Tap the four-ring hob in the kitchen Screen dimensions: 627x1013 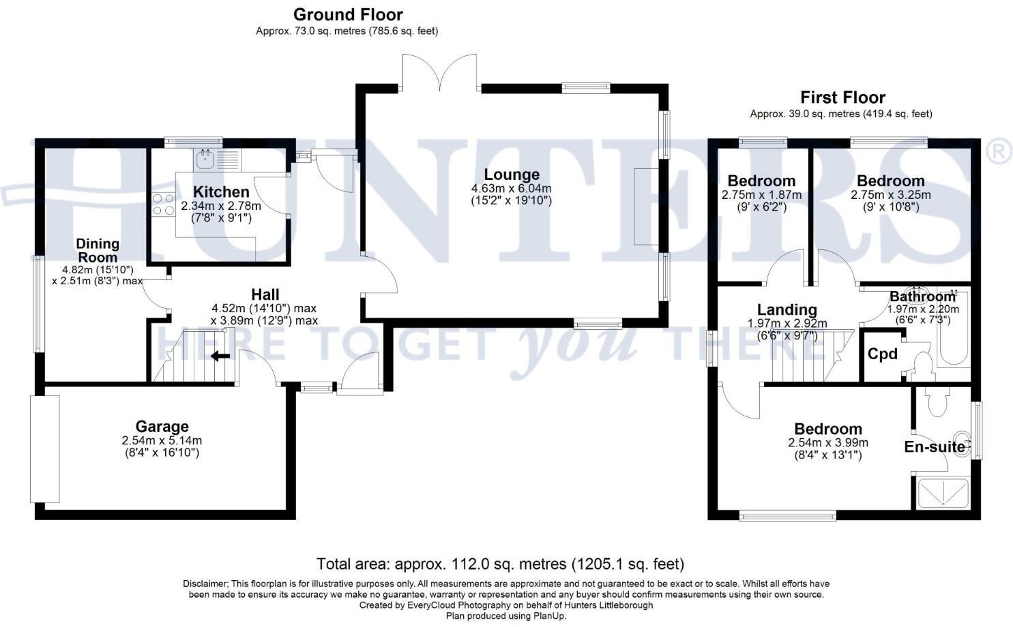162,204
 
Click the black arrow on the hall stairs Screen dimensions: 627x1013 220,355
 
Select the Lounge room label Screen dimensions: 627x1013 511,174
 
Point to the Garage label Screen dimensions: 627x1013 162,427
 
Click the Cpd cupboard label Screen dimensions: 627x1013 882,354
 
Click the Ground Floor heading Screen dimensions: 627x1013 348,14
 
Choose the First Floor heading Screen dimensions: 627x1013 842,97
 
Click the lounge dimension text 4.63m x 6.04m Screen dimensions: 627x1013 511,189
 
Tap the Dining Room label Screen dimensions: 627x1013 98,250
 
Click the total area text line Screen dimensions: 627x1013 500,564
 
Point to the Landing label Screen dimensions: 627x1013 787,310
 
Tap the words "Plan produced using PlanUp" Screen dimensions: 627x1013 505,615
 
